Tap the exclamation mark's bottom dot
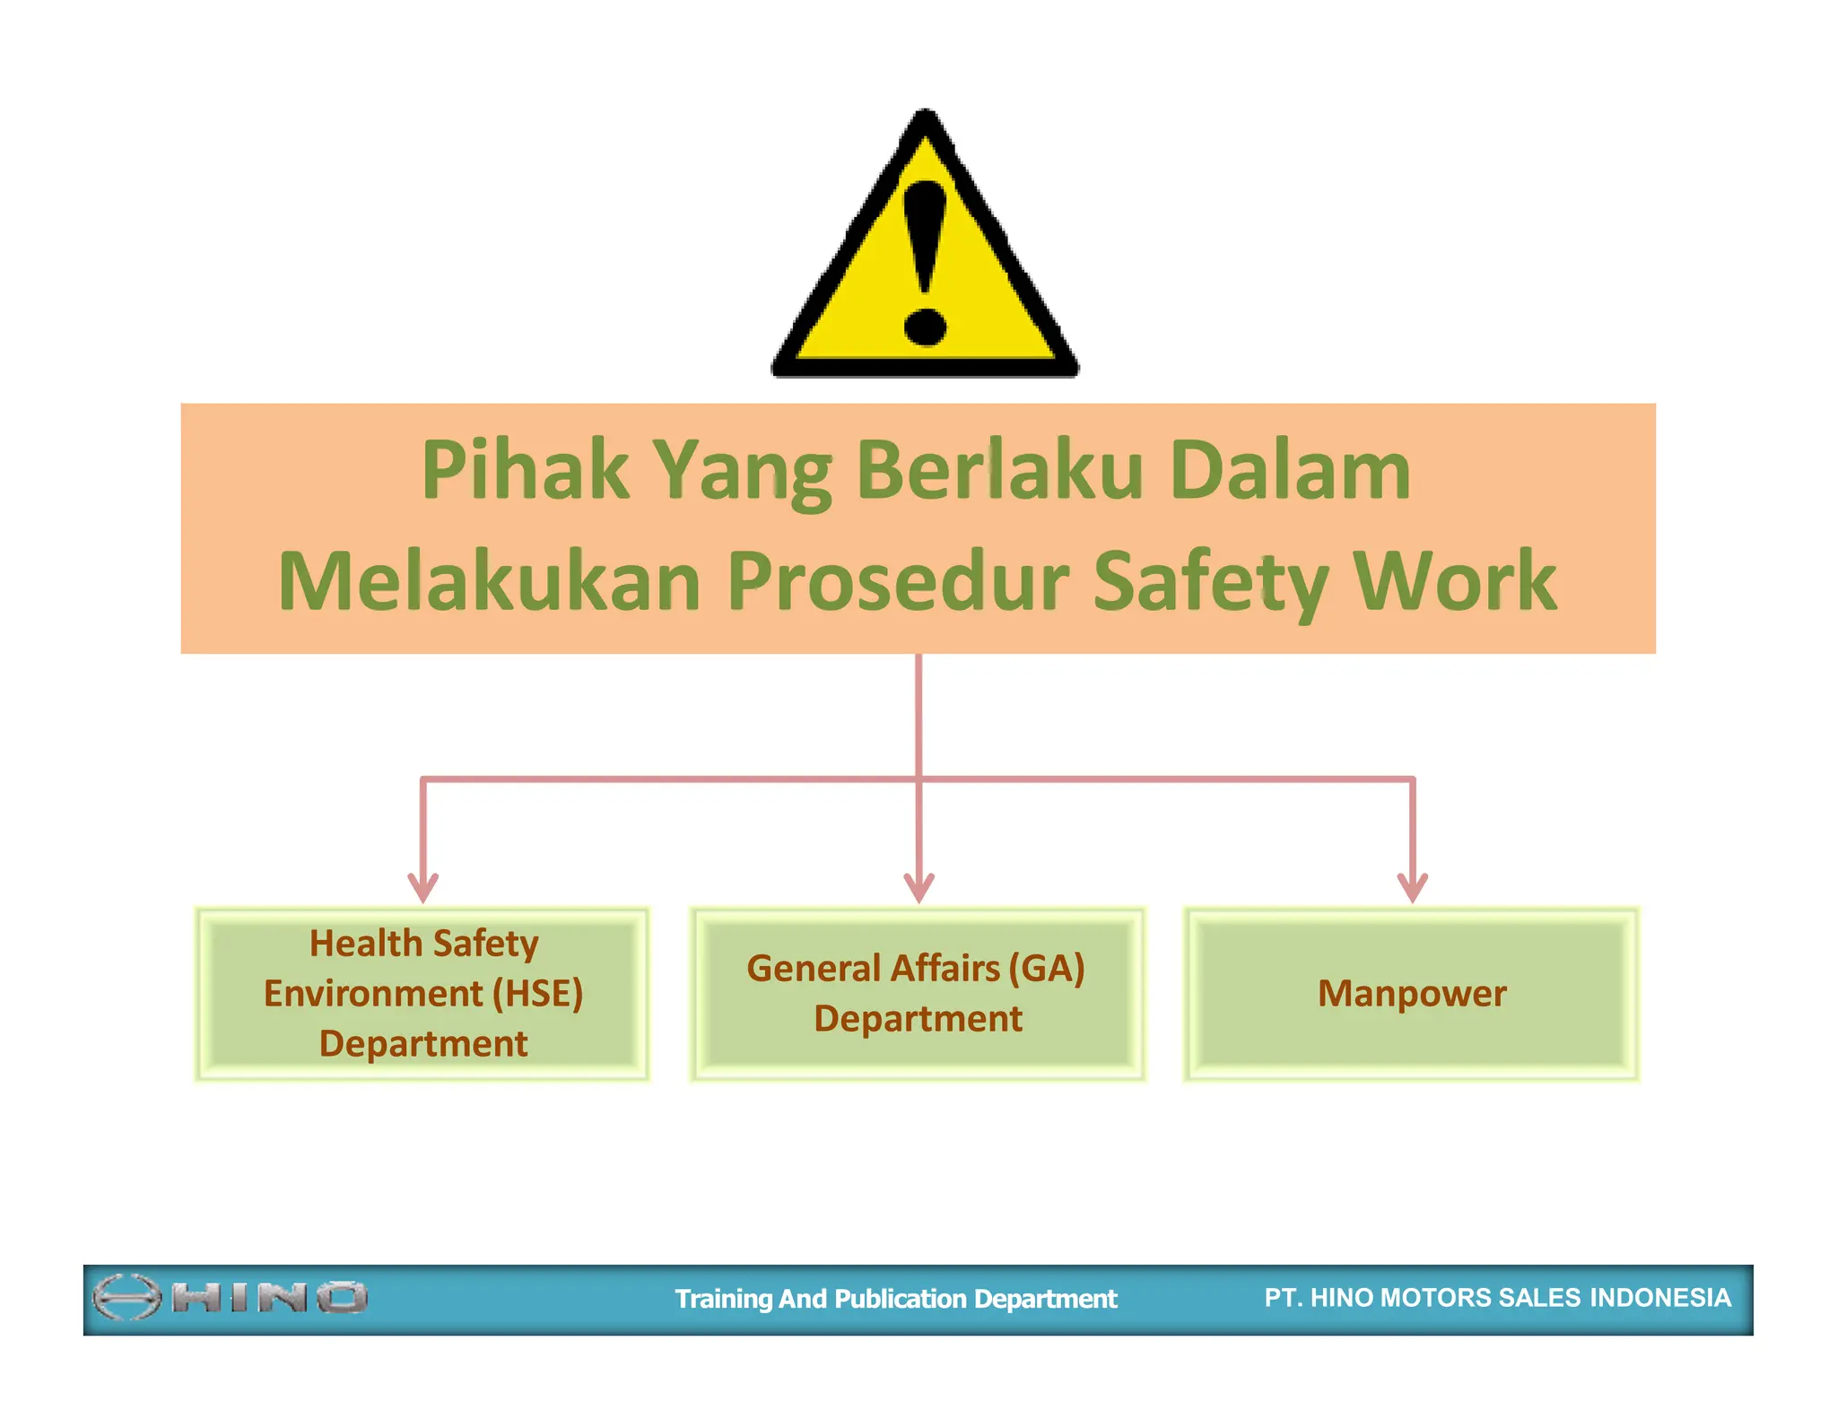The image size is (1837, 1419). (x=925, y=325)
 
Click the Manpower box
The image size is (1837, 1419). (x=1412, y=994)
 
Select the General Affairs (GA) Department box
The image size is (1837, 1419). (x=918, y=994)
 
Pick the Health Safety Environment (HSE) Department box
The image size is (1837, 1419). (x=422, y=994)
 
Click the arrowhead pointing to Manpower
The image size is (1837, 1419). (x=1413, y=887)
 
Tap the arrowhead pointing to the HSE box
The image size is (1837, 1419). (x=422, y=887)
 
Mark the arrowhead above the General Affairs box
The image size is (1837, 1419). (x=918, y=887)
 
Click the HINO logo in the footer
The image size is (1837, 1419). (x=231, y=1297)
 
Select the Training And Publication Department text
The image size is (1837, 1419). (x=895, y=1299)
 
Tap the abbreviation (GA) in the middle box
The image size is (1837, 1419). (x=1046, y=969)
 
